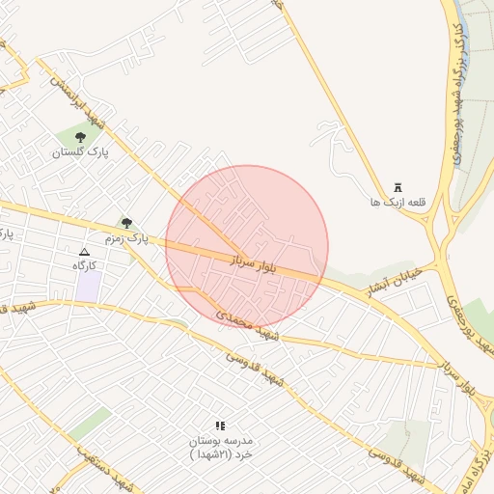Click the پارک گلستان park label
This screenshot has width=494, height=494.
(81, 152)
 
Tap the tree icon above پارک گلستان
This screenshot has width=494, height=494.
(80, 138)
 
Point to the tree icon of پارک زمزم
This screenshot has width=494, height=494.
(126, 223)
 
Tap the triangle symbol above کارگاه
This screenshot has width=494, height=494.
(84, 251)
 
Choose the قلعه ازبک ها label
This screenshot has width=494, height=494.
(398, 203)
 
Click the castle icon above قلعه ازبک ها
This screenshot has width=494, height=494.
(398, 188)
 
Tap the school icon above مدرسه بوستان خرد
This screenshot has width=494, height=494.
(220, 425)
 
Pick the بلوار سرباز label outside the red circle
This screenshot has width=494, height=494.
(465, 373)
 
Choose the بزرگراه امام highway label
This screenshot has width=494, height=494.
(483, 463)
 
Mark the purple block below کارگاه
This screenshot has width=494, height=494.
(89, 286)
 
